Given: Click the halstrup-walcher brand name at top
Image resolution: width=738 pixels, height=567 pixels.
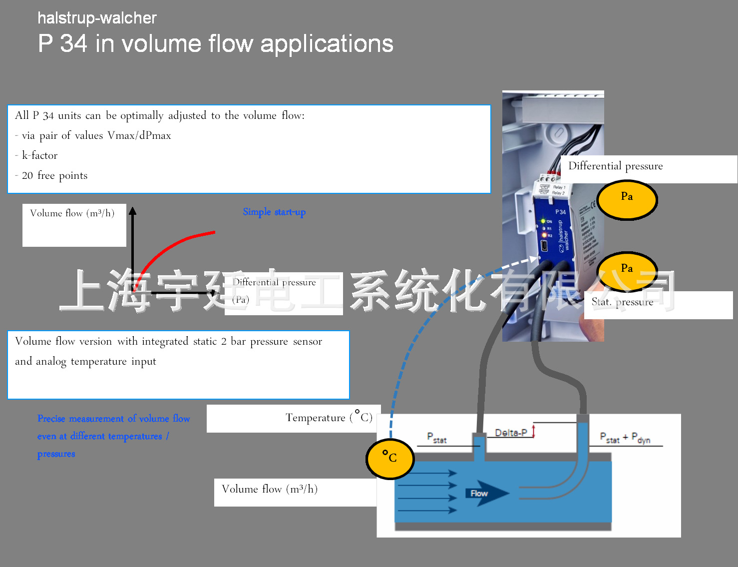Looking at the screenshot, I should tap(97, 18).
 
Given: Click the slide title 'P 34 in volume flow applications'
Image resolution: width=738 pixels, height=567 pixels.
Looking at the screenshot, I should tap(215, 43).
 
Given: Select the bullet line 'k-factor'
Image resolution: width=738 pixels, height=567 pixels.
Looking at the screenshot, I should tap(39, 155).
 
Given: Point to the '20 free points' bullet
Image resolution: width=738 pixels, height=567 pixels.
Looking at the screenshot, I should tap(54, 175).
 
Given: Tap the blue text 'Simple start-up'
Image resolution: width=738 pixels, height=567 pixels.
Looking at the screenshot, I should tap(274, 212).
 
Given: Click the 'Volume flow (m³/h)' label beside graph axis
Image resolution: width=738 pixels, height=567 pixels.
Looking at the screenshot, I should tap(72, 213).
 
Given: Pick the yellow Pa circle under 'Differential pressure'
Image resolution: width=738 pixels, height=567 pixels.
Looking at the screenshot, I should tap(627, 199).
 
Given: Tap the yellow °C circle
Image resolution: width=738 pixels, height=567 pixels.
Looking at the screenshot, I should tap(390, 458).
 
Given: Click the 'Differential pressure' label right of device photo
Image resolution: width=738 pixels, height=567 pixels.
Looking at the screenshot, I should tap(616, 166).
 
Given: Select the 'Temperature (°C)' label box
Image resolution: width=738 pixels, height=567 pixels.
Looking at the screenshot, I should tap(329, 418).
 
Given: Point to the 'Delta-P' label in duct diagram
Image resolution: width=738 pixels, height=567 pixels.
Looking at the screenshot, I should tap(510, 433).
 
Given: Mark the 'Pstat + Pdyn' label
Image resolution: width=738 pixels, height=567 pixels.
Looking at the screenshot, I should tap(625, 438).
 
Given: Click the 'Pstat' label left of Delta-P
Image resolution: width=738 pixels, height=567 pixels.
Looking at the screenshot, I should tap(436, 438).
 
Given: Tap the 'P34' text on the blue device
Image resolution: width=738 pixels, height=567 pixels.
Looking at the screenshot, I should tap(560, 212).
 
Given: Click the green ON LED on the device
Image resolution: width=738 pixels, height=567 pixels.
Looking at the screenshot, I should tap(543, 221).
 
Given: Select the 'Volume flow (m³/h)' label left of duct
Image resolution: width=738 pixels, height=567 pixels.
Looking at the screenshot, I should tap(270, 489).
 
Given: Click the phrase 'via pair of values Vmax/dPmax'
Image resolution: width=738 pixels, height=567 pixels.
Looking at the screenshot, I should tap(96, 135).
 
